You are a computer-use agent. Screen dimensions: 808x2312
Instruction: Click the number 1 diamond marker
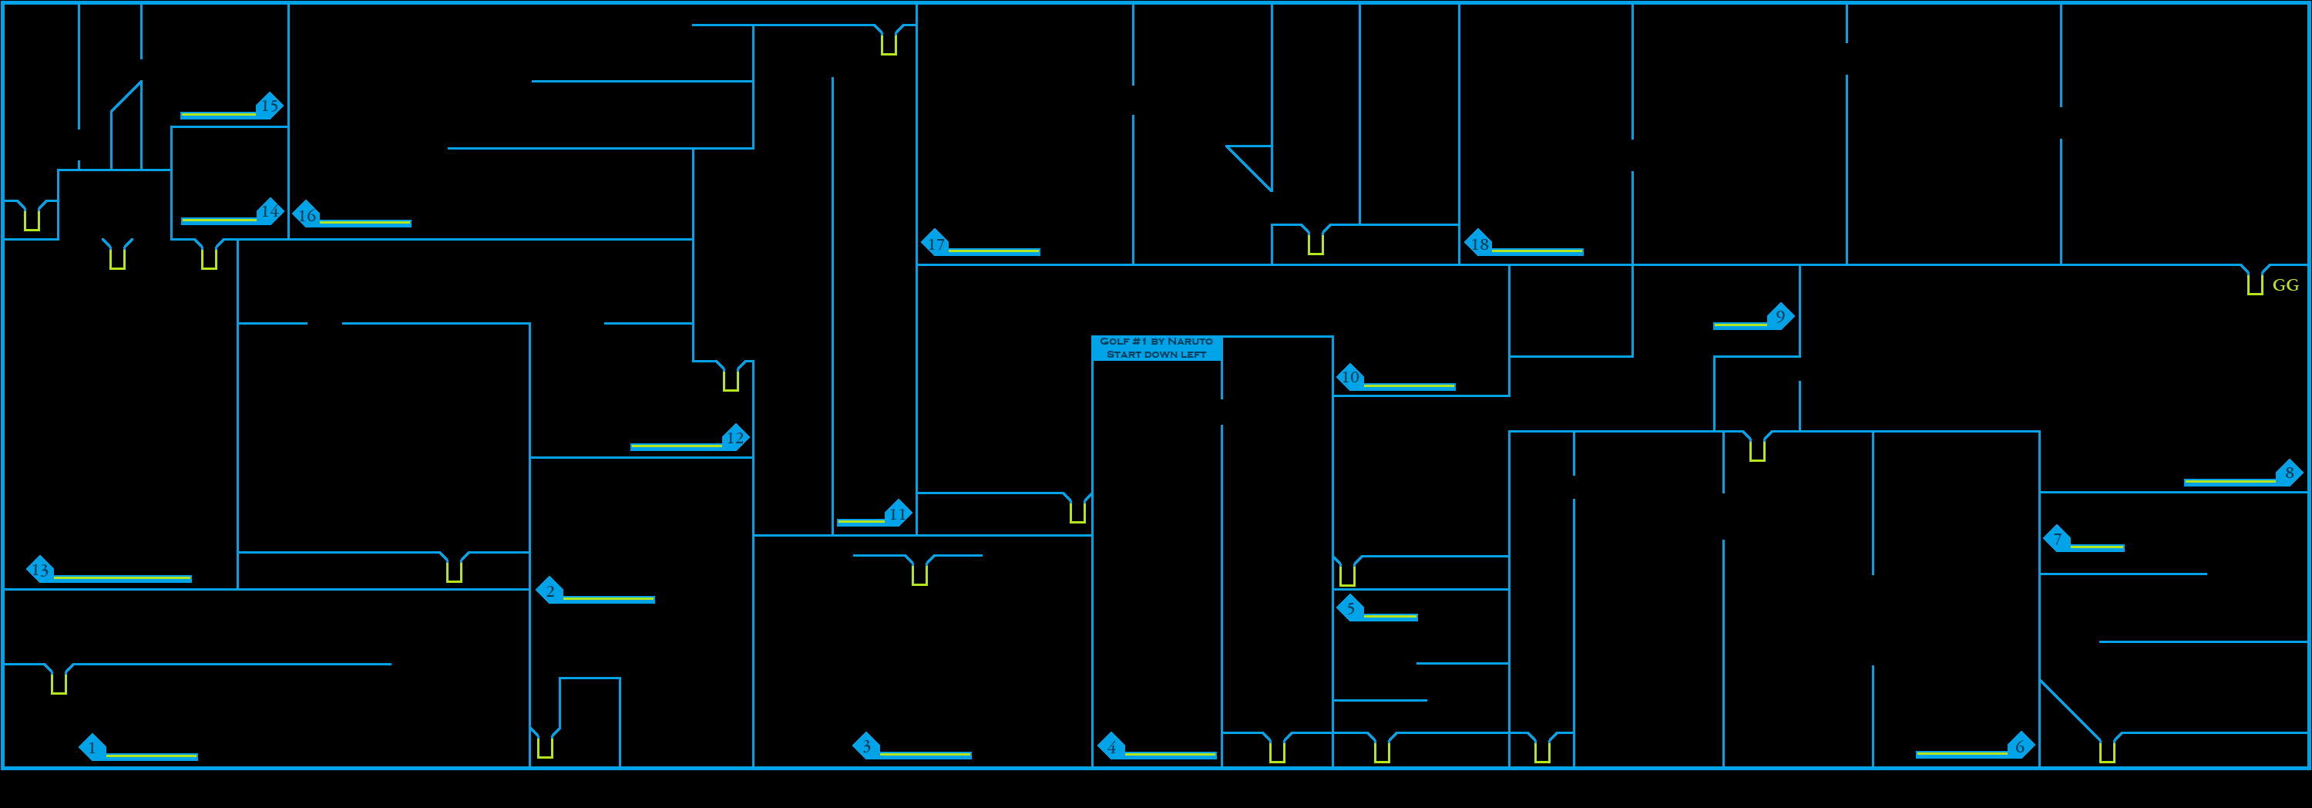(92, 747)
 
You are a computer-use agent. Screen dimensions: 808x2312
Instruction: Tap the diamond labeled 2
(550, 590)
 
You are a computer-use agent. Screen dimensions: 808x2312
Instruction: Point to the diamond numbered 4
(1112, 746)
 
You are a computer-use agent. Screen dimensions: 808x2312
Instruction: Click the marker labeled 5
(1351, 608)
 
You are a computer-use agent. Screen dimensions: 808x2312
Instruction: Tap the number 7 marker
(2057, 539)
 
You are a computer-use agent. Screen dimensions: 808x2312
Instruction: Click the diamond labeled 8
(2289, 472)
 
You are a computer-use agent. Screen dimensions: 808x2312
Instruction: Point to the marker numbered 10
(1351, 377)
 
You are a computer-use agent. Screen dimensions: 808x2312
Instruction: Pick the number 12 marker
(735, 437)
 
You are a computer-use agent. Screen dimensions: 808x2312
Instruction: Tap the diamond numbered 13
(40, 569)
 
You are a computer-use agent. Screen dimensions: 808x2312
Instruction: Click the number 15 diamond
(269, 105)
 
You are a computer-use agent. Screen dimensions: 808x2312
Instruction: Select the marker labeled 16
(307, 214)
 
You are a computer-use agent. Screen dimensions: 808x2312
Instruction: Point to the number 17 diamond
(936, 244)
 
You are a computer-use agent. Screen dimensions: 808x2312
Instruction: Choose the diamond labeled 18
(1479, 244)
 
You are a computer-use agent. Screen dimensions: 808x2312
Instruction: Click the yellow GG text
(2285, 285)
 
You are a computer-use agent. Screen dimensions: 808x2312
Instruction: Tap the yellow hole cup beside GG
(2254, 283)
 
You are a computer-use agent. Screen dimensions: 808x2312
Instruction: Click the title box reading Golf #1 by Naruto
(1156, 348)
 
